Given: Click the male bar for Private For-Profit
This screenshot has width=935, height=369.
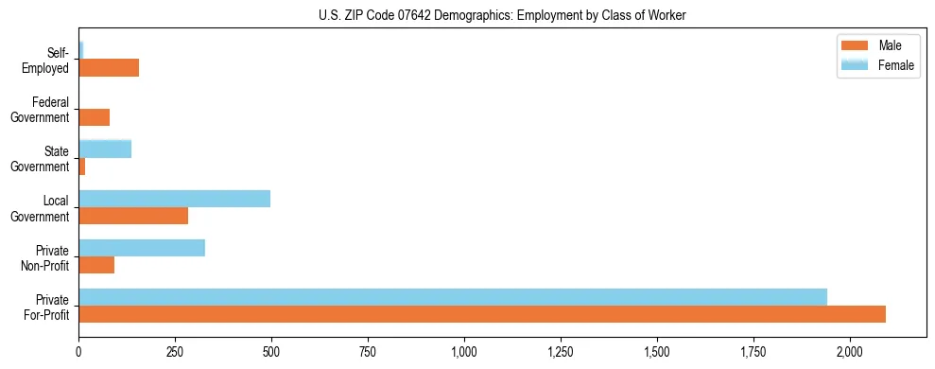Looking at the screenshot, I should tap(482, 314).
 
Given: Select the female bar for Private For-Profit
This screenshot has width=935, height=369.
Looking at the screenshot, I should tap(453, 297).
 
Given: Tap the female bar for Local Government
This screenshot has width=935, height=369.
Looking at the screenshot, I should tap(174, 199).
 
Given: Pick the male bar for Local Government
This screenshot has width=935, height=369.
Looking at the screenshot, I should tap(133, 216).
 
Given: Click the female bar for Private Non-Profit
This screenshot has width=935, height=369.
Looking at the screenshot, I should tap(142, 248).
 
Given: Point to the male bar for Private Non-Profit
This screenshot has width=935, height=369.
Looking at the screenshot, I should tap(96, 265).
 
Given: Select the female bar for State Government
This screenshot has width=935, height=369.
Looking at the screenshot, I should tap(105, 149).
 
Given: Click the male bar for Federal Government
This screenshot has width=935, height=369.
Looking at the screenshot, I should tap(95, 117).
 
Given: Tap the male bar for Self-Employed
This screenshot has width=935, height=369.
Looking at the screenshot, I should tap(109, 68).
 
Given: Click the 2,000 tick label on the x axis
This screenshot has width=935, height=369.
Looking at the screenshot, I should tap(850, 352).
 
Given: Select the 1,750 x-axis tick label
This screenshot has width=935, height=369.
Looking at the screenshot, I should tap(753, 352).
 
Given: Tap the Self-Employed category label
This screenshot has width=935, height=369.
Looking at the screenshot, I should tap(46, 61).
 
